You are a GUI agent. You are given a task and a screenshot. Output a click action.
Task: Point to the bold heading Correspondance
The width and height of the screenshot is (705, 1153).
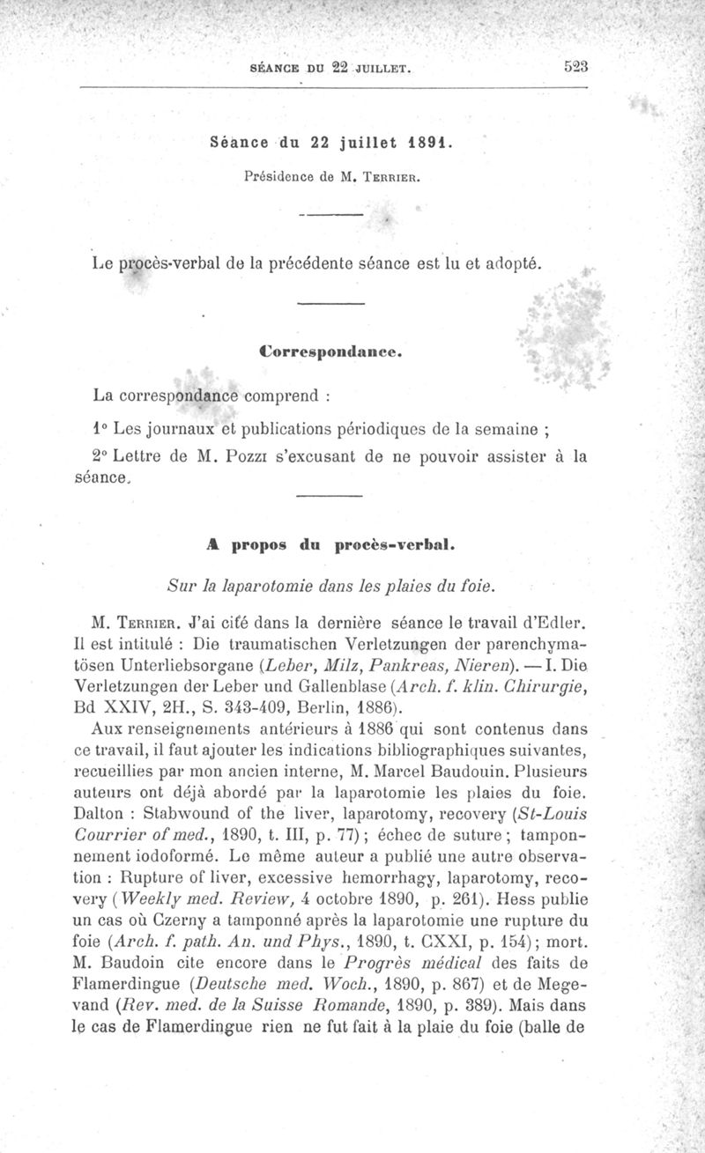pos(331,351)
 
